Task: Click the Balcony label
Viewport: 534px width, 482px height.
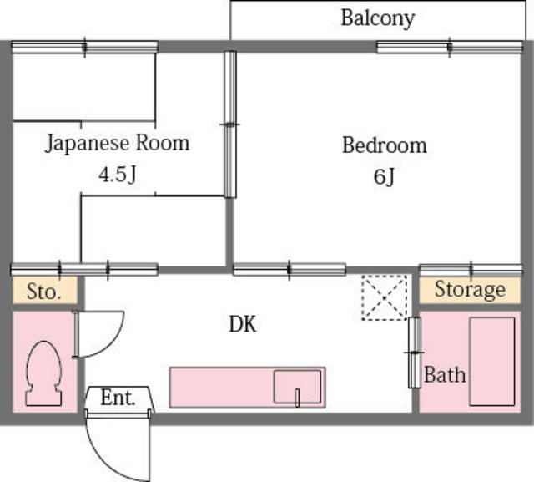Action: pos(378,18)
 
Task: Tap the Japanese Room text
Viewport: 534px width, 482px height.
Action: pos(117,143)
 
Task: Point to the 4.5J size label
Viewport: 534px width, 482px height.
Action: pos(118,175)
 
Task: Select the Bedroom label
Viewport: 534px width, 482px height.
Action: pos(384,145)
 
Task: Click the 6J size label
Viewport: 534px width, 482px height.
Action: pos(384,176)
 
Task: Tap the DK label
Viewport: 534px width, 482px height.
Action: pos(243,324)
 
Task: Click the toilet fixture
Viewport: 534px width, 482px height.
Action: pos(43,373)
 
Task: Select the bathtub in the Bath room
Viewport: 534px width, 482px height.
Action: pos(491,362)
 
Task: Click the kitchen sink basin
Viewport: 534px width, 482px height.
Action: pos(297,387)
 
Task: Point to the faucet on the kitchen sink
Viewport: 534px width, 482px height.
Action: pos(297,398)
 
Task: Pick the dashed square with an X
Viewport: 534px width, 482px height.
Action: pos(384,297)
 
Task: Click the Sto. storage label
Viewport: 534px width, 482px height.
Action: pos(44,292)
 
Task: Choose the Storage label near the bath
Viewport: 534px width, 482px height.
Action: pos(470,290)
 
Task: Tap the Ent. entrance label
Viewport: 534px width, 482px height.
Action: pos(118,398)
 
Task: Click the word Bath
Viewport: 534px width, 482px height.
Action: pos(445,374)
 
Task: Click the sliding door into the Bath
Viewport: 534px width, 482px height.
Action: pos(415,353)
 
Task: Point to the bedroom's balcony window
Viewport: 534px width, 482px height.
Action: pos(449,48)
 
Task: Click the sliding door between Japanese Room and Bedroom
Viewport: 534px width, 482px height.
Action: pos(230,124)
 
